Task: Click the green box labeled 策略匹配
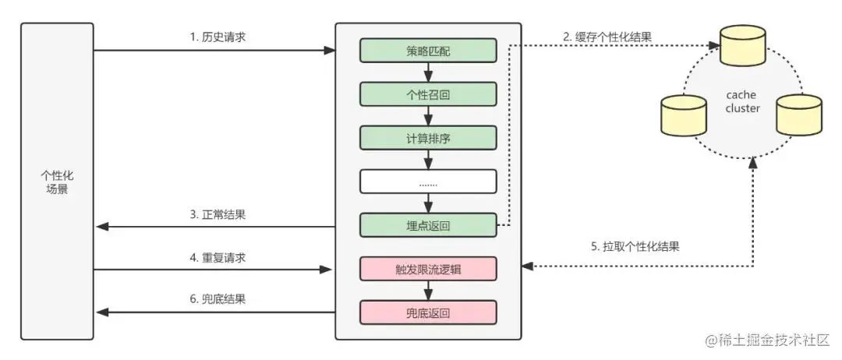428,51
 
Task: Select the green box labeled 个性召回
428,95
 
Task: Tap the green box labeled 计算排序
428,138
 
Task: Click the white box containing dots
428,182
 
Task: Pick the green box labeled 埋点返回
428,225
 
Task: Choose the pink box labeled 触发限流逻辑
428,270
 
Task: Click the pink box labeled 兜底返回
428,313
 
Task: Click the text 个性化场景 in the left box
57,182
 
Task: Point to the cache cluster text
741,101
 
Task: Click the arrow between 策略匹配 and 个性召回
428,73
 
